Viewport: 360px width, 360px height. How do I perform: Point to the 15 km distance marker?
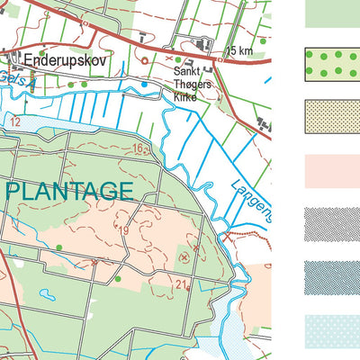coord(239,51)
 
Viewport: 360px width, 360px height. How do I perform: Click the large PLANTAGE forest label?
coord(71,191)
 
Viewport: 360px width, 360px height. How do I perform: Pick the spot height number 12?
coord(14,121)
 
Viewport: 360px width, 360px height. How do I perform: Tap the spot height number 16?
coord(137,148)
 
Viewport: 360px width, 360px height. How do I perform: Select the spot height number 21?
coord(180,285)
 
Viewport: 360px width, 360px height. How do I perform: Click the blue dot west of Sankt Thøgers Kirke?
coord(144,84)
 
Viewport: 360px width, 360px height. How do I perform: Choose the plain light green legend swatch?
coord(332,13)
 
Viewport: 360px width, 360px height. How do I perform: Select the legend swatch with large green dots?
coord(332,62)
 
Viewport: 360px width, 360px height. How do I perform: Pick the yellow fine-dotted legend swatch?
coord(332,117)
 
